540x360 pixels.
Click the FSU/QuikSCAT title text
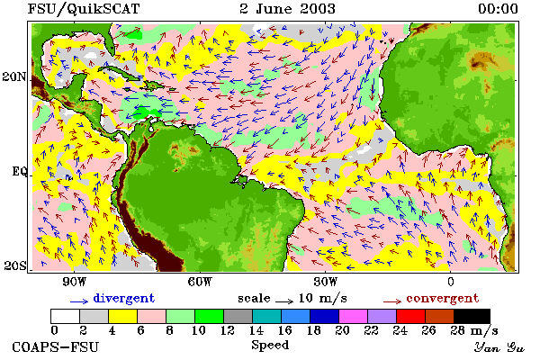[x=84, y=9]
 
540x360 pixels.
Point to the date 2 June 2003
[x=287, y=8]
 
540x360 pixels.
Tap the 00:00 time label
[x=498, y=9]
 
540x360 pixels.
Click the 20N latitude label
[x=14, y=76]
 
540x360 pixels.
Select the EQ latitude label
[x=20, y=171]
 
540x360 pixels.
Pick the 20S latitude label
[x=15, y=265]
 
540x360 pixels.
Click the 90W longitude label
[x=74, y=282]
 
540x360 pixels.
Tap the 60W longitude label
[x=200, y=282]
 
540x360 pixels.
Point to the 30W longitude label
[x=326, y=282]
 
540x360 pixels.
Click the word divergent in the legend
[x=124, y=298]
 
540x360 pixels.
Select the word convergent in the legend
[x=443, y=298]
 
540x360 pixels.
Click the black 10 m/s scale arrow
[x=284, y=301]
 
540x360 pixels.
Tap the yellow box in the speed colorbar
[x=122, y=316]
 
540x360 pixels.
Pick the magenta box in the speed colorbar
[x=354, y=316]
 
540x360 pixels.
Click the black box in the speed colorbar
[x=472, y=316]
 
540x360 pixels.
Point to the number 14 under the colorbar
[x=256, y=330]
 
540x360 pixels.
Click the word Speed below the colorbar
[x=270, y=346]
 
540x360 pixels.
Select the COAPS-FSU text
[x=56, y=346]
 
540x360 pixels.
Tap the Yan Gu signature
[x=499, y=347]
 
